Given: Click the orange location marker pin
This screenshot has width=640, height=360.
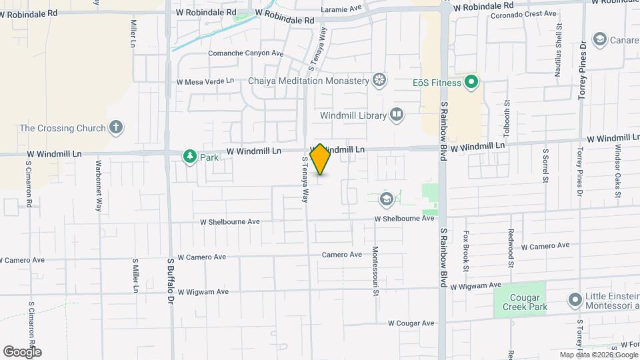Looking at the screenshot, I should [320, 159].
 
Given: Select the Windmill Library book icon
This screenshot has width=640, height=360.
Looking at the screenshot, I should [397, 115].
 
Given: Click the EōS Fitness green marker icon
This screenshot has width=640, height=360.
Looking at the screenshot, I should [471, 83].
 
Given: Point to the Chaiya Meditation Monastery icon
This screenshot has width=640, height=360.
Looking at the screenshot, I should [379, 81].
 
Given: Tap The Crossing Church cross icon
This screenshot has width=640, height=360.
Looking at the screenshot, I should [116, 128].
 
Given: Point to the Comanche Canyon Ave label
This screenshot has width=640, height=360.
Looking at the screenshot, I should [246, 53].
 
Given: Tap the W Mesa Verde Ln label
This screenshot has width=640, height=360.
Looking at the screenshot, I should [205, 81].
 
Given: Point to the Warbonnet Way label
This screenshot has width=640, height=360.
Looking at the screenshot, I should [98, 185].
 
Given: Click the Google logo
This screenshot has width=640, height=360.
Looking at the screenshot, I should [22, 351].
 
